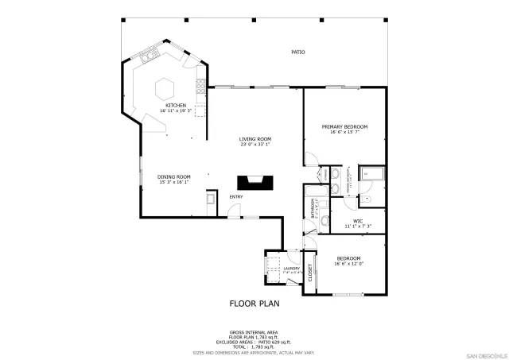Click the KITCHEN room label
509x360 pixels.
(176, 106)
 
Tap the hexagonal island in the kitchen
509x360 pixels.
(165, 86)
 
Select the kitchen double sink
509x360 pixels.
(148, 56)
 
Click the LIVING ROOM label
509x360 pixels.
(255, 139)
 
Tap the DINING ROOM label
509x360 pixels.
(173, 176)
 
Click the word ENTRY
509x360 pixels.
(237, 197)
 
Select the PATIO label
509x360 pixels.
(297, 52)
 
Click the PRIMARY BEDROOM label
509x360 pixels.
(344, 126)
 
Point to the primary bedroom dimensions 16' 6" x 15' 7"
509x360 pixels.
(344, 132)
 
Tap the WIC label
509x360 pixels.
(358, 222)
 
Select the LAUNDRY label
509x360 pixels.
(291, 269)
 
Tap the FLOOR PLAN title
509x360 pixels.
(254, 303)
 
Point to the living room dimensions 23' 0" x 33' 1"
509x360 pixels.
(255, 145)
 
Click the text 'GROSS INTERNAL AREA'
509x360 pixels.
(254, 332)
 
